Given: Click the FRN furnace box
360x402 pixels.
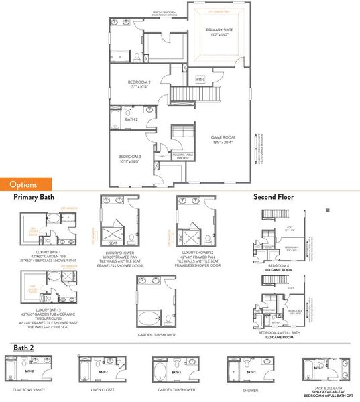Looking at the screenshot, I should point(200,80).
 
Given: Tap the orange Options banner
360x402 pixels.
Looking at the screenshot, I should point(27,184).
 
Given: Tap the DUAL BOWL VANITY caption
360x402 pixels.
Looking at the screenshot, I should point(27,389).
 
